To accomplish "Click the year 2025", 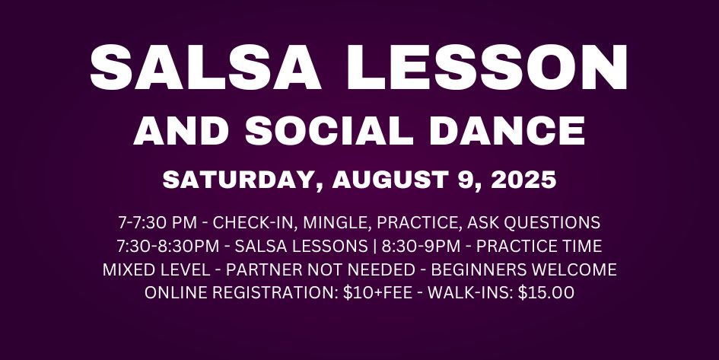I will coord(523,180).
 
